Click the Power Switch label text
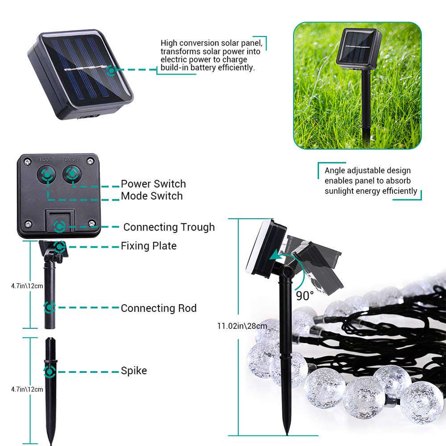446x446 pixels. pyautogui.click(x=153, y=184)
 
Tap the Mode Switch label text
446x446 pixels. pyautogui.click(x=152, y=196)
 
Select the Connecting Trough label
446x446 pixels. pyautogui.click(x=169, y=227)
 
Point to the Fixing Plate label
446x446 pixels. pyautogui.click(x=149, y=246)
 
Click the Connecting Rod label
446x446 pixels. pyautogui.click(x=158, y=308)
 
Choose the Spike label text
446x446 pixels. pyautogui.click(x=133, y=371)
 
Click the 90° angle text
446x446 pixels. pyautogui.click(x=304, y=295)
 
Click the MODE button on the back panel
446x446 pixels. pyautogui.click(x=46, y=174)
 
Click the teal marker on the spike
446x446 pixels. pyautogui.click(x=50, y=371)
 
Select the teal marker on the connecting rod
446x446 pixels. pyautogui.click(x=50, y=307)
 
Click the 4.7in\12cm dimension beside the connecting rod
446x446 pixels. pyautogui.click(x=27, y=286)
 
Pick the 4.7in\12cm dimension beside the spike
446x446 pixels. pyautogui.click(x=27, y=389)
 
